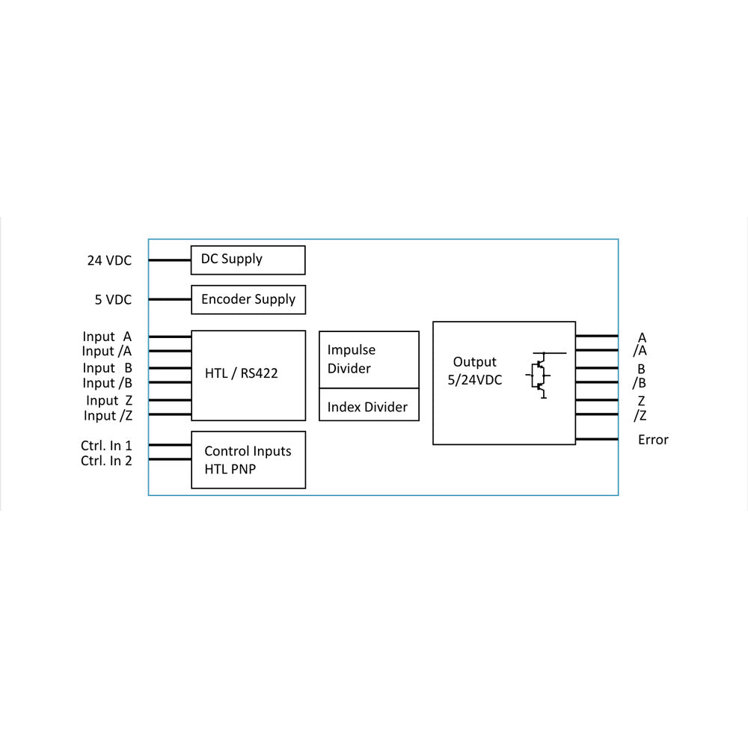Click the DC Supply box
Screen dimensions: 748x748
click(x=248, y=260)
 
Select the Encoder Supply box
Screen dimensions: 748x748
click(x=248, y=299)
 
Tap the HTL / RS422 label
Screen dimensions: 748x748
click(x=241, y=373)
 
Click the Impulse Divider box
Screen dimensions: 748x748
click(x=369, y=360)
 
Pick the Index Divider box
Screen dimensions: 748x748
click(x=369, y=407)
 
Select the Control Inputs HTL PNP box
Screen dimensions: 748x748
click(x=248, y=459)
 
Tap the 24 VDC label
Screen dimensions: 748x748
click(x=109, y=260)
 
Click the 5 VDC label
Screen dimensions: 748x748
click(x=113, y=300)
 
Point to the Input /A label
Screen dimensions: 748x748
click(x=106, y=351)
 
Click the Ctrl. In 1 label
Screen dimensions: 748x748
click(x=106, y=445)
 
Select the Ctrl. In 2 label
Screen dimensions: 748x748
click(x=106, y=461)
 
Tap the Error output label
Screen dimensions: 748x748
click(x=653, y=440)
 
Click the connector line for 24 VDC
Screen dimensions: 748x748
click(x=170, y=260)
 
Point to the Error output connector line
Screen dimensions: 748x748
click(x=597, y=439)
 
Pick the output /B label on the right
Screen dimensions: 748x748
click(x=640, y=384)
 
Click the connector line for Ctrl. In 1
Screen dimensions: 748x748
click(x=170, y=445)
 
